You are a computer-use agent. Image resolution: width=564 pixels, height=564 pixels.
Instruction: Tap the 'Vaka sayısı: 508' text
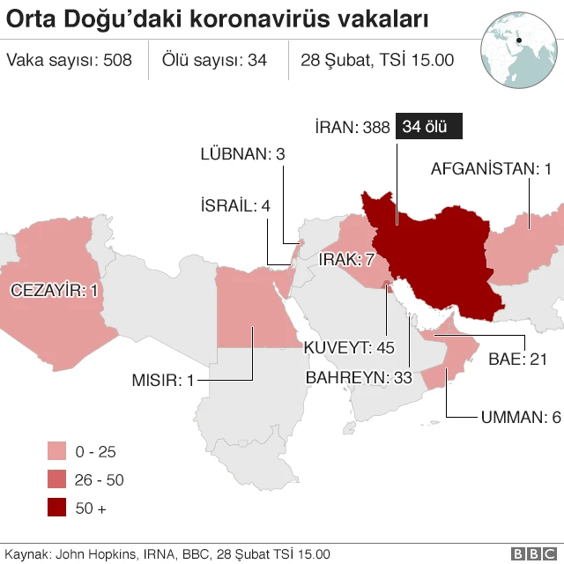pyautogui.click(x=69, y=60)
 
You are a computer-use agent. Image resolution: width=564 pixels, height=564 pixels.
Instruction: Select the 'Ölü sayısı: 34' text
pyautogui.click(x=214, y=60)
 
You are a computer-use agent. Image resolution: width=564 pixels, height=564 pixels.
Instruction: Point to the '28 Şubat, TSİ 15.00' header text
pyautogui.click(x=376, y=60)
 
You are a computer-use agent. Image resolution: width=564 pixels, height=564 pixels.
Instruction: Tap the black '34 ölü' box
pyautogui.click(x=429, y=127)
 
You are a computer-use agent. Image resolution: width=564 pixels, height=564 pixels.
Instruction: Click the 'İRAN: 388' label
pyautogui.click(x=352, y=128)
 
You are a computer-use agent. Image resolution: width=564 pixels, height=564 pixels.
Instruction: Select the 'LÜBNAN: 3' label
pyautogui.click(x=242, y=154)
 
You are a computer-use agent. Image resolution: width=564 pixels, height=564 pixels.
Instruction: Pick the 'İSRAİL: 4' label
pyautogui.click(x=235, y=206)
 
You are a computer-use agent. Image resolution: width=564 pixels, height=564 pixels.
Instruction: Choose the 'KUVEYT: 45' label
pyautogui.click(x=348, y=346)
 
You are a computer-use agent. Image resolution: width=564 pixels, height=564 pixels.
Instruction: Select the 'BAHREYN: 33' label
pyautogui.click(x=359, y=377)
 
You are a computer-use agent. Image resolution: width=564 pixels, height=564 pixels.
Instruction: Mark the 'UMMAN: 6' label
pyautogui.click(x=520, y=417)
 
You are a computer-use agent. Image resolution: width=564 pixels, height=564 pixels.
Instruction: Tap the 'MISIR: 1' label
pyautogui.click(x=162, y=381)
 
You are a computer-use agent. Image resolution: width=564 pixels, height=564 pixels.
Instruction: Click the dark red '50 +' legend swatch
pyautogui.click(x=58, y=508)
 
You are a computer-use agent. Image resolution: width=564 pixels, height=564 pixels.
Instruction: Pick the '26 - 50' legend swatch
pyautogui.click(x=58, y=479)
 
